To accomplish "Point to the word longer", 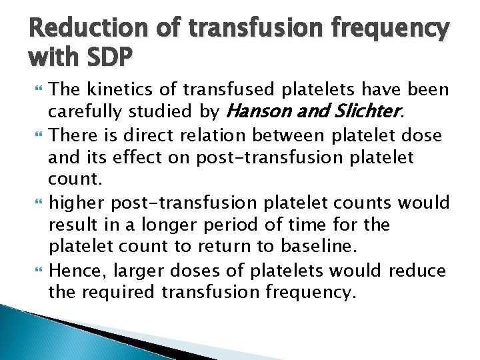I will point(179,225).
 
